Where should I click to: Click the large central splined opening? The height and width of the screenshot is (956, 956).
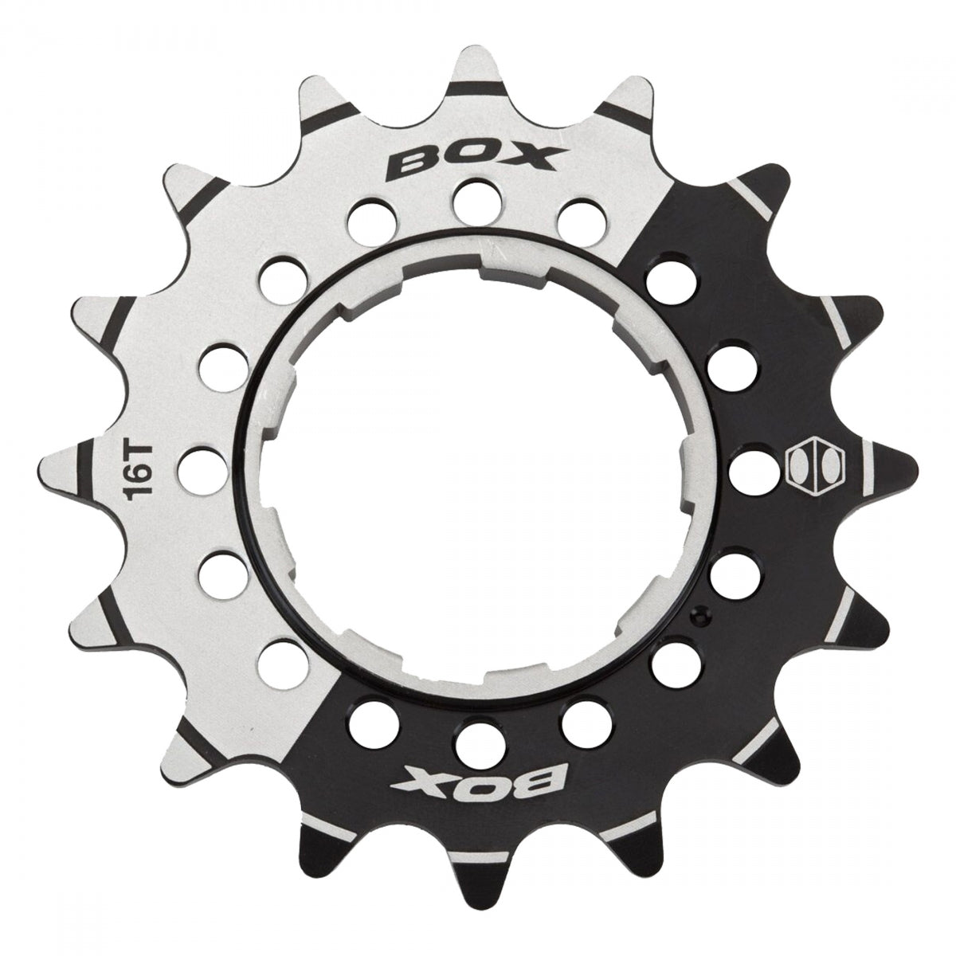point(478,478)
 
